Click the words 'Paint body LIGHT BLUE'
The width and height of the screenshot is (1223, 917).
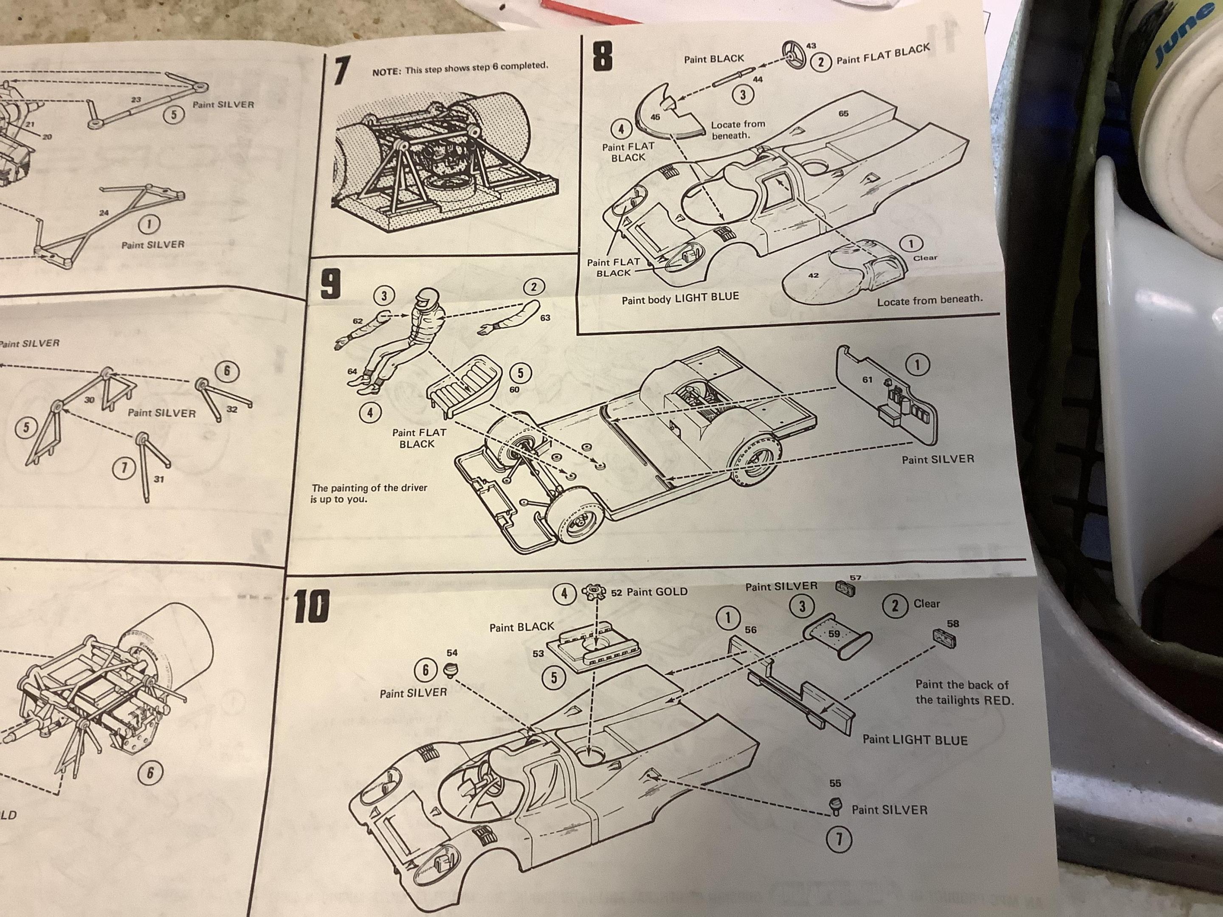(680, 298)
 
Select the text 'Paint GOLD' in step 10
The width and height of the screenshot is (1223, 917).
(657, 592)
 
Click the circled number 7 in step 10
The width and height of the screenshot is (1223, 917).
(838, 840)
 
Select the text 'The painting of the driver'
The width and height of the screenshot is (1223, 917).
(369, 488)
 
